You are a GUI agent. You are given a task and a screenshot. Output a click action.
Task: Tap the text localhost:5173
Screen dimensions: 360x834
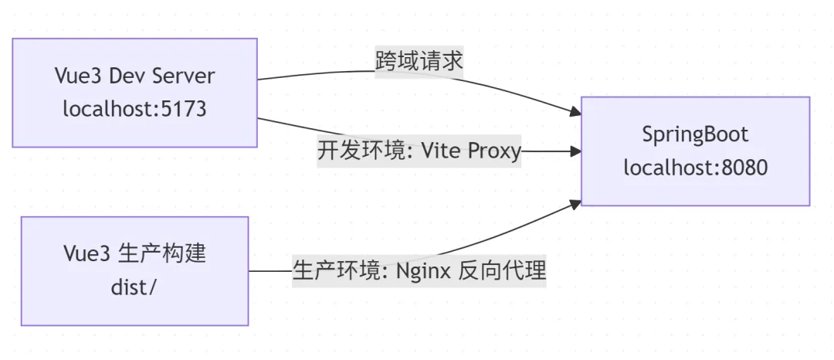134,109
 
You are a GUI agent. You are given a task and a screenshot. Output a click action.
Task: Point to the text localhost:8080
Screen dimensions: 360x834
695,166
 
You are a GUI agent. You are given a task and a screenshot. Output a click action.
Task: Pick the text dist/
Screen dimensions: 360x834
134,287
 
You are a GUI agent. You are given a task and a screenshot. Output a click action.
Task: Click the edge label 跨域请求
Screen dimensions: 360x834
419,61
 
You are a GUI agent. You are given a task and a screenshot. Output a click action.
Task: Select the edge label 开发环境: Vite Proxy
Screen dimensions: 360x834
419,150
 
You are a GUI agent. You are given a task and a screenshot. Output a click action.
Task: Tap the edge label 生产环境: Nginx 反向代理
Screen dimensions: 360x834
419,271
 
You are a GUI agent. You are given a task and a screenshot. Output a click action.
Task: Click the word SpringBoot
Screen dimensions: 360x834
695,134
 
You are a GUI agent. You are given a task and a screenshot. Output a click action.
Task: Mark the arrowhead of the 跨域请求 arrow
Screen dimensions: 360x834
575,112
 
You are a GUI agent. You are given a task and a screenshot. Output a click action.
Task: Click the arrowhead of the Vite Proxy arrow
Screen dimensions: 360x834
575,152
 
